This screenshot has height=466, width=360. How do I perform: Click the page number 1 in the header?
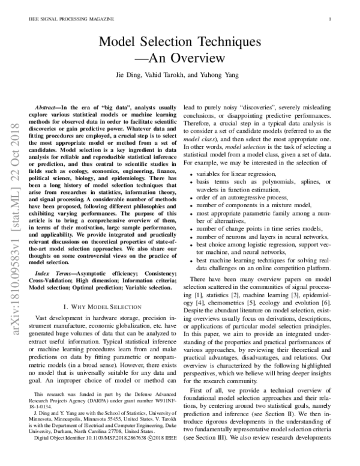[x=331, y=19]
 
